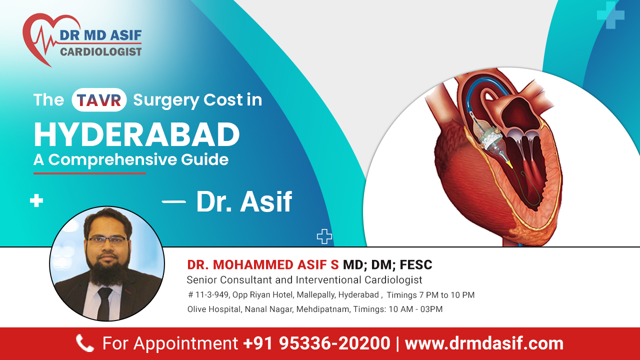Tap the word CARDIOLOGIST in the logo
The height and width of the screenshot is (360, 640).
click(x=100, y=51)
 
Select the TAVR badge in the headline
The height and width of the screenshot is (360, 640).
click(x=99, y=99)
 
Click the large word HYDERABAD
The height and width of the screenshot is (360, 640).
click(x=136, y=134)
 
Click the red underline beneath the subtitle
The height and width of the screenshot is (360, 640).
click(x=89, y=173)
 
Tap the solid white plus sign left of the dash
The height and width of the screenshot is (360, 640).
click(x=36, y=201)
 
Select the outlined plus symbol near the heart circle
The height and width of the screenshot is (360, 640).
click(x=324, y=236)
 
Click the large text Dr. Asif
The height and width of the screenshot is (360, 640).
click(x=244, y=201)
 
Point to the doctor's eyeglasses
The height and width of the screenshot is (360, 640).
click(x=106, y=240)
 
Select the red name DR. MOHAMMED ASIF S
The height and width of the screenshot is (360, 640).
click(x=262, y=264)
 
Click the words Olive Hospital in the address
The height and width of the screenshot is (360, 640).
click(x=214, y=309)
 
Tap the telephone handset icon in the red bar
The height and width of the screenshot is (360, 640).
click(x=84, y=343)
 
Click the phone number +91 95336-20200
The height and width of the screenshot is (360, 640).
click(x=316, y=343)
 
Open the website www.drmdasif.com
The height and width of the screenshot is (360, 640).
click(x=483, y=343)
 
